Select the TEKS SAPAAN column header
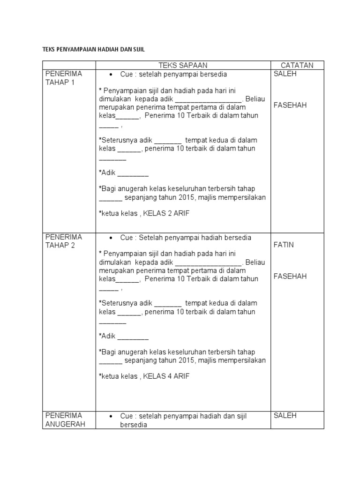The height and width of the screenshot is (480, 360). point(183,65)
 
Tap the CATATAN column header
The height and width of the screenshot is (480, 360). point(297,65)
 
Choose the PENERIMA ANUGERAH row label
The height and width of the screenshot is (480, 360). point(63,420)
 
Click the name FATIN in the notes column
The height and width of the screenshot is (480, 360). point(284,245)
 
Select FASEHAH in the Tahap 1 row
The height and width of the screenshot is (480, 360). point(290,105)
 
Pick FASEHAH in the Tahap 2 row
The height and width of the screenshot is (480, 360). point(290,276)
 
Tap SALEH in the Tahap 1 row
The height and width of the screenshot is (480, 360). point(285,74)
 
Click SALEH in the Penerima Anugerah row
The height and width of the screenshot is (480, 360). point(285,415)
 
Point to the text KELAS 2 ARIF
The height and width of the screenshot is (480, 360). point(166,213)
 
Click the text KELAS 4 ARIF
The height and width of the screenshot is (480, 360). point(166,376)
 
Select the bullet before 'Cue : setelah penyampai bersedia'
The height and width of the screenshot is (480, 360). point(110,75)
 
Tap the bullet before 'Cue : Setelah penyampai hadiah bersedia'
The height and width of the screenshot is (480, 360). point(110,238)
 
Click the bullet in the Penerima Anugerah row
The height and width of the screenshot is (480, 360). point(110,417)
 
